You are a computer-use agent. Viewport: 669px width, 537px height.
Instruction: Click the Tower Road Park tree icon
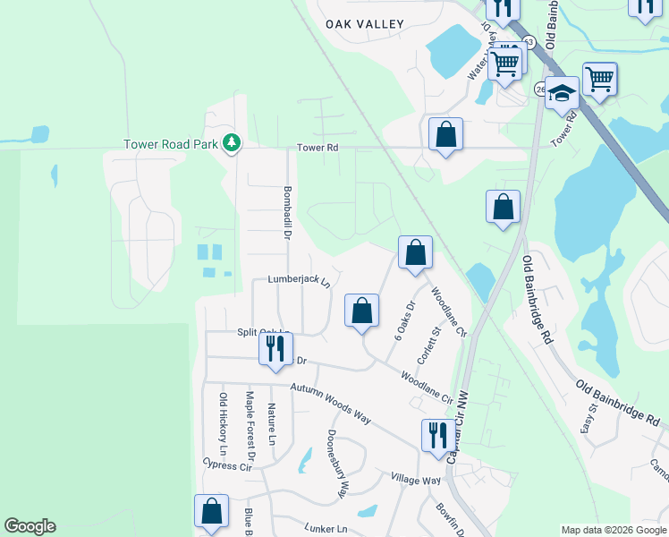232,142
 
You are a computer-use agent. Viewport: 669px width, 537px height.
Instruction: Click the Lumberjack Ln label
299,280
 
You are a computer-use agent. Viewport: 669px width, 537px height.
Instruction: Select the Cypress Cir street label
227,465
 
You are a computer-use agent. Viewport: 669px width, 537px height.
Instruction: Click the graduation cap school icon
562,91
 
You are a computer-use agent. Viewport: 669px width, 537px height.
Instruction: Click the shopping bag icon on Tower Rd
445,134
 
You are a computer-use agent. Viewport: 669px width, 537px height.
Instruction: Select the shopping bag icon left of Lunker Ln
211,511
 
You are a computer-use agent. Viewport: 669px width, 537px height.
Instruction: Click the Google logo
30,526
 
